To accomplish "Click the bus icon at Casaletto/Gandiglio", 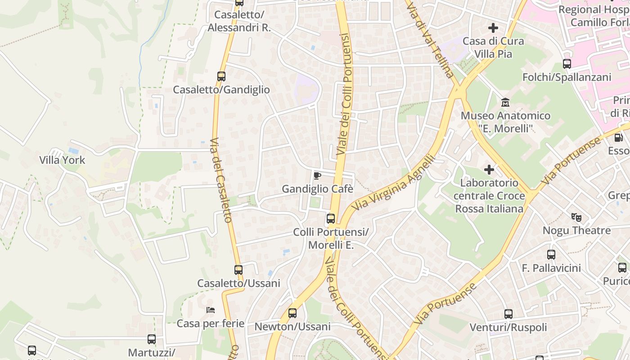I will click(x=221, y=76).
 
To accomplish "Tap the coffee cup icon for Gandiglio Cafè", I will click(x=317, y=175).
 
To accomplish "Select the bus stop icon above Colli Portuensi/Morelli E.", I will click(x=331, y=219).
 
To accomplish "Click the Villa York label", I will click(x=62, y=160).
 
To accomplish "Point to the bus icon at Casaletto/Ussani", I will click(x=238, y=270).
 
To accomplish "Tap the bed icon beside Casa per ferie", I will click(x=210, y=310).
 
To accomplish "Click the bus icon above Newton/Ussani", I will click(x=292, y=313).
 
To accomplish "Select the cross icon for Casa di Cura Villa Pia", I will click(x=493, y=28).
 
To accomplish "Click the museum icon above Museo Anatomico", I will click(x=505, y=103).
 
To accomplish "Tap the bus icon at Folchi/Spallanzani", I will click(x=567, y=64).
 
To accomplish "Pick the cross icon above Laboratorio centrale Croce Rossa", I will click(x=489, y=170).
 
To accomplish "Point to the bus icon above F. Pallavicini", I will click(x=551, y=255).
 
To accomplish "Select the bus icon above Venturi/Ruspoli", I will click(x=508, y=314).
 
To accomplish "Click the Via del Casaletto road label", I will click(x=221, y=180).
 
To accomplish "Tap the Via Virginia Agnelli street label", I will click(x=395, y=183).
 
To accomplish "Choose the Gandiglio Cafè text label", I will click(x=317, y=189).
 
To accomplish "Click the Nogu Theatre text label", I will click(x=576, y=231).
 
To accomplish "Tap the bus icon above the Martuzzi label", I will click(x=152, y=339).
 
